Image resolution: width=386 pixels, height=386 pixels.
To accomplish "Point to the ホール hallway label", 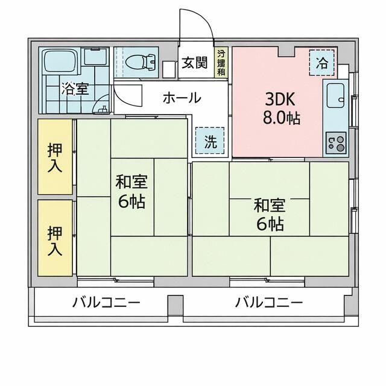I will pyautogui.click(x=182, y=98).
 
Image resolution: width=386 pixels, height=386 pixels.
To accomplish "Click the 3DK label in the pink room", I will pyautogui.click(x=278, y=97).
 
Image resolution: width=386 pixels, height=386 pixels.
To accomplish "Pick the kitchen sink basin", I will pyautogui.click(x=335, y=94).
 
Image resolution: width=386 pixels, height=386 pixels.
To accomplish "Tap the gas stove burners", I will pyautogui.click(x=335, y=144).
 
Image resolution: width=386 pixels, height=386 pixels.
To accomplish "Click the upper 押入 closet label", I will pyautogui.click(x=55, y=157).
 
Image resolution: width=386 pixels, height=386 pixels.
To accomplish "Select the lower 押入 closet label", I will pyautogui.click(x=55, y=239).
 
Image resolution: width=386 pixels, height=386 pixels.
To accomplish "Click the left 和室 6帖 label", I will pyautogui.click(x=131, y=191).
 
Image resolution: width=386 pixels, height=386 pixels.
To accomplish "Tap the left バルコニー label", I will pyautogui.click(x=106, y=302).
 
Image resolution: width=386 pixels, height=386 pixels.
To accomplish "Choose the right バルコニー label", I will pyautogui.click(x=269, y=302).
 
